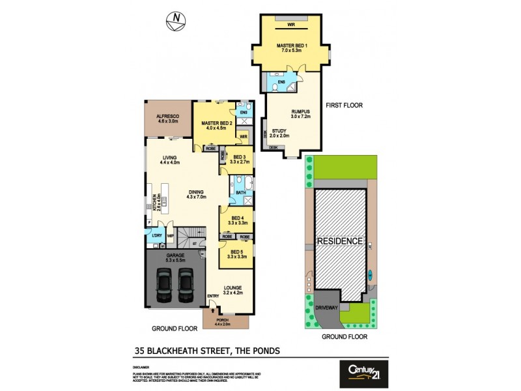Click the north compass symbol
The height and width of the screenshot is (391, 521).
174,21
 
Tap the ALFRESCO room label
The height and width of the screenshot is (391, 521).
168,116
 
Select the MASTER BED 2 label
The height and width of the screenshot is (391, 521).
216,123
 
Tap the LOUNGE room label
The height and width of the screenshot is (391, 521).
232,287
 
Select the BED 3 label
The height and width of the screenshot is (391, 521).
239,157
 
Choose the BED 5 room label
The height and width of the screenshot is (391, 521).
236,250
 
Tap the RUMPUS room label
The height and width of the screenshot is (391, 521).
300,111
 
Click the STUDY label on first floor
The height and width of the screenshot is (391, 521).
280,131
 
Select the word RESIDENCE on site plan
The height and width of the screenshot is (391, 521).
339,241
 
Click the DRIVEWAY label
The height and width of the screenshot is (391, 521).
328,310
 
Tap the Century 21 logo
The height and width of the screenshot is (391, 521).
363,372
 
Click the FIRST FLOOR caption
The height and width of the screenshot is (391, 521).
345,105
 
